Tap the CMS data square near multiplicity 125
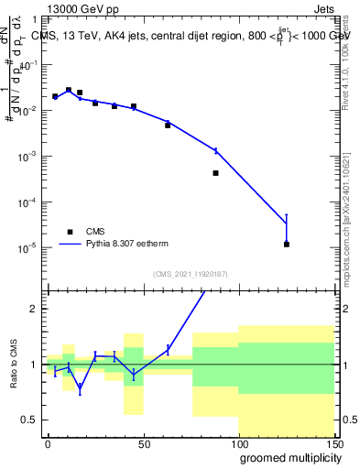click(x=287, y=244)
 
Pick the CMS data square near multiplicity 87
click(x=216, y=172)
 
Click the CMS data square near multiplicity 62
click(x=168, y=125)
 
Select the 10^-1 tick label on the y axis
click(x=29, y=65)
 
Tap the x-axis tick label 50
click(x=144, y=445)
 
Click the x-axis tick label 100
click(x=238, y=445)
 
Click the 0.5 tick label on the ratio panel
click(x=29, y=420)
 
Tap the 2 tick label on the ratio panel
click(x=34, y=309)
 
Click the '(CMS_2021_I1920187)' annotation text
click(x=189, y=274)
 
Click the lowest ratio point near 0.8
click(x=80, y=387)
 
